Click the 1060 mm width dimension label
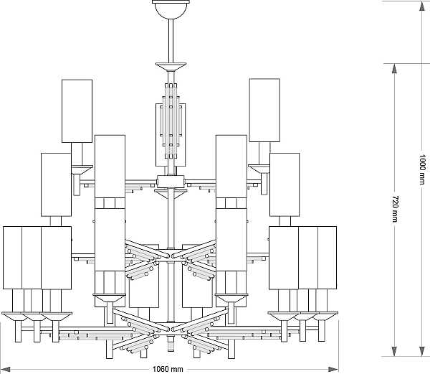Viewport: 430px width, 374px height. click(168, 369)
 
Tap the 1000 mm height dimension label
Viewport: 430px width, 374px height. click(422, 169)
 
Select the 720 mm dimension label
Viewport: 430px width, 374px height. click(395, 209)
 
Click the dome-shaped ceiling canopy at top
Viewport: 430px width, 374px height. click(171, 9)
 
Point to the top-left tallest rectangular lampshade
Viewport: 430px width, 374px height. click(77, 111)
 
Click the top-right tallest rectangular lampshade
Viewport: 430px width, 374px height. click(264, 111)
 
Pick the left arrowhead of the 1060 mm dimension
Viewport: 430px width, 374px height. click(6, 370)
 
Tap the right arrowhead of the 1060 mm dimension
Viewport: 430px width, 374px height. click(333, 370)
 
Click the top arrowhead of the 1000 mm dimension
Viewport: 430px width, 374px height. click(422, 6)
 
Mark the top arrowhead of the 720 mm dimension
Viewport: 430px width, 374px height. click(394, 69)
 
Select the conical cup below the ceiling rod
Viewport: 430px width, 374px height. click(171, 67)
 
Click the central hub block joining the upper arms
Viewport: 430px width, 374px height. click(171, 182)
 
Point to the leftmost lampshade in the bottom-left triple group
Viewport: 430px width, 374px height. click(13, 258)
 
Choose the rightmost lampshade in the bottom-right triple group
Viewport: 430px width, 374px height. click(328, 258)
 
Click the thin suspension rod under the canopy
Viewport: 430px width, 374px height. click(171, 41)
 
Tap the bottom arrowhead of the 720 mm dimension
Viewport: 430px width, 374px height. click(394, 352)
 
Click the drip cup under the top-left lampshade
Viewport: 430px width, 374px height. click(82, 169)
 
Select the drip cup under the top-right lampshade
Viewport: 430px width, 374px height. click(259, 169)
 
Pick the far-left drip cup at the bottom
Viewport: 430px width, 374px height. click(15, 317)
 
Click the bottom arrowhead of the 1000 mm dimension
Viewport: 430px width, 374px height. click(422, 352)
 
